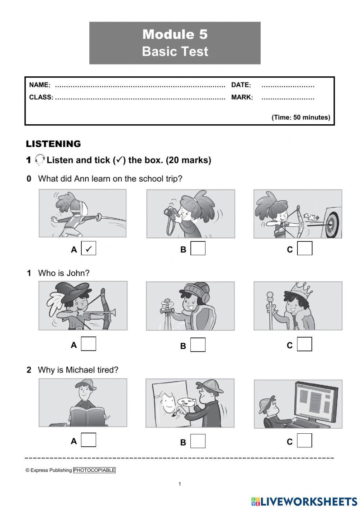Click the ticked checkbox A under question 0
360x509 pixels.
89,249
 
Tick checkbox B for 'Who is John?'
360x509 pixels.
198,345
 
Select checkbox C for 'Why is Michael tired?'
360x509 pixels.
305,440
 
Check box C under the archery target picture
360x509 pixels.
305,249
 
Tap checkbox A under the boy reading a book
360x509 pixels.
89,440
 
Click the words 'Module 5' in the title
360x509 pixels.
175,35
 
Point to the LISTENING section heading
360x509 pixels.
53,144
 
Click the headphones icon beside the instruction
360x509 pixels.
40,160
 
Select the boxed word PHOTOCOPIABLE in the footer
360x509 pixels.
94,470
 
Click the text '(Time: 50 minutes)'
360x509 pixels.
301,117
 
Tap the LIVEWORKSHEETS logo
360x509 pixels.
304,501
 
